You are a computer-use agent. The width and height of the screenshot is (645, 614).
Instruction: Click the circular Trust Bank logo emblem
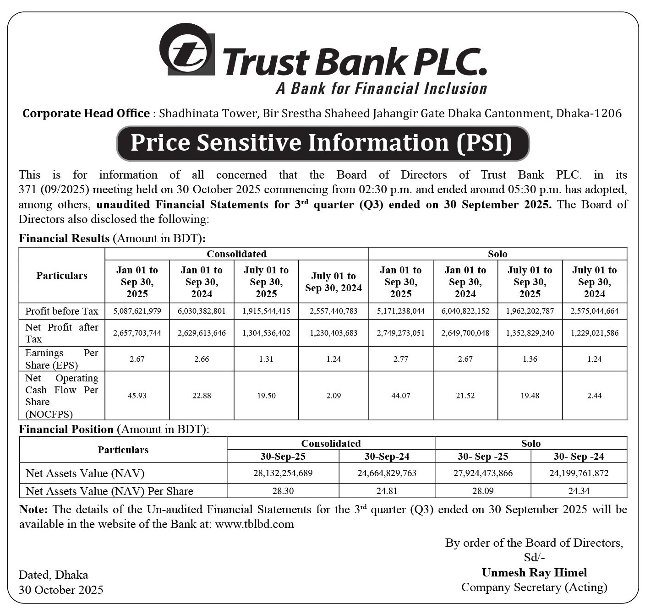(186, 49)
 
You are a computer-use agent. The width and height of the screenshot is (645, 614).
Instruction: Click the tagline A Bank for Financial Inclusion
(381, 88)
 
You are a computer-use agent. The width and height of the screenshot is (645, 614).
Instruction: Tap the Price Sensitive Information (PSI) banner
(322, 143)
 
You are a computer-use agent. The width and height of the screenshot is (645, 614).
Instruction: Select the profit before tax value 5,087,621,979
(137, 311)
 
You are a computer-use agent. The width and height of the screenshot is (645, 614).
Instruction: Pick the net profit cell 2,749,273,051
(400, 333)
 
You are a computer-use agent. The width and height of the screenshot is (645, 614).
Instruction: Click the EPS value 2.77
(400, 359)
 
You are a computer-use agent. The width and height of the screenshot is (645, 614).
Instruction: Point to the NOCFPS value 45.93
(137, 396)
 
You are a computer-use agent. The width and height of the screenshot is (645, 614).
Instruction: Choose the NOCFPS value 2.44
(594, 396)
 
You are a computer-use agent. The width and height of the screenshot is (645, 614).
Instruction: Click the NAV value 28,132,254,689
(283, 473)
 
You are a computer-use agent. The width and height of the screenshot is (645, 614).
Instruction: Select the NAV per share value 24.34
(579, 491)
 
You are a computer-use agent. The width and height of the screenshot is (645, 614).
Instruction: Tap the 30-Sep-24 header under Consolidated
(387, 456)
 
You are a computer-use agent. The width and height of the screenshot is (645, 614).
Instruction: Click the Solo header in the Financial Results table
(497, 254)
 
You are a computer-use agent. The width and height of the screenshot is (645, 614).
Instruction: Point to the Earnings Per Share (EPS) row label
(61, 359)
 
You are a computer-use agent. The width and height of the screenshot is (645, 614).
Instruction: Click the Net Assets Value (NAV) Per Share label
(109, 491)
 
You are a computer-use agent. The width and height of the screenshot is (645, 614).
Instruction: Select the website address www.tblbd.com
(254, 524)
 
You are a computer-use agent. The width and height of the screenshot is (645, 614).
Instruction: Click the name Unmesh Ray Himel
(534, 573)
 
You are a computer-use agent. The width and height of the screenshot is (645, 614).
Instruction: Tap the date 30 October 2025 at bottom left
(61, 590)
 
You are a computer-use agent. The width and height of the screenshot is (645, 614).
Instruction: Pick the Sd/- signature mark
(534, 558)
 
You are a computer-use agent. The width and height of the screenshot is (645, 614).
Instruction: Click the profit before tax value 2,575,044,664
(594, 311)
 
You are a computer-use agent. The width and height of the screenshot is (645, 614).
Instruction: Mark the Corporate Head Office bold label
(86, 114)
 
